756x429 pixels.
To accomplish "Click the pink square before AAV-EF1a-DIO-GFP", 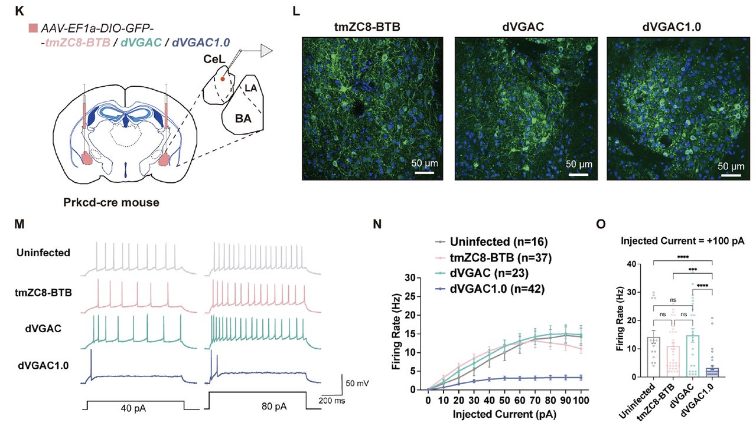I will click(32, 28).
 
